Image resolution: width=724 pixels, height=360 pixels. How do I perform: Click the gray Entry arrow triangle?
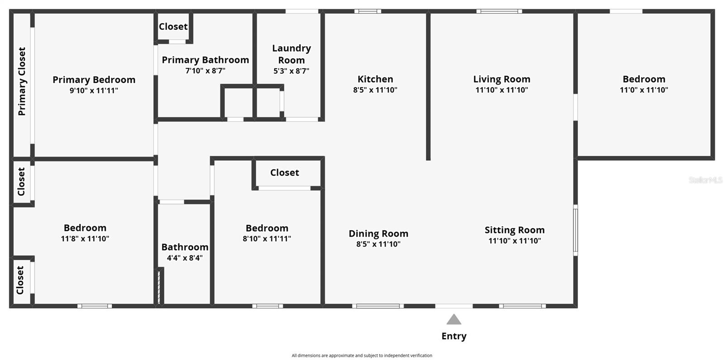click(x=454, y=319)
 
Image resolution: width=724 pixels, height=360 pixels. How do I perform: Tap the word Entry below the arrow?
click(x=454, y=336)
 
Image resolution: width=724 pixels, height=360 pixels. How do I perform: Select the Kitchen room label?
click(x=375, y=79)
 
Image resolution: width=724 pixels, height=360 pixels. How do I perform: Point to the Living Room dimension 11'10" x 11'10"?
click(x=502, y=90)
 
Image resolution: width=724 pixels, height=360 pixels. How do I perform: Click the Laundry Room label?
click(x=291, y=54)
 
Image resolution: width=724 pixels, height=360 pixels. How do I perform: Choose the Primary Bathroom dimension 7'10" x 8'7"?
click(x=205, y=71)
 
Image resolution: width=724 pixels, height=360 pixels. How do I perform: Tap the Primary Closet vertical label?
click(x=22, y=81)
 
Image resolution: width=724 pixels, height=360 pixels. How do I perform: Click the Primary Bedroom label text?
click(x=94, y=80)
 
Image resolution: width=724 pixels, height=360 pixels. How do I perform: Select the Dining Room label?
click(x=378, y=234)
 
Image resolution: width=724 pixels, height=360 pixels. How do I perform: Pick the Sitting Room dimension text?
click(x=514, y=241)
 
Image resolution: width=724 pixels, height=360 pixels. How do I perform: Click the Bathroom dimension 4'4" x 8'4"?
click(x=185, y=258)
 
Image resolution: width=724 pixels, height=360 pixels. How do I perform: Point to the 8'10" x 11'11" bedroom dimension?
click(x=267, y=239)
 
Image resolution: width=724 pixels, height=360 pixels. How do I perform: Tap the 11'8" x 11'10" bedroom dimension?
click(x=85, y=239)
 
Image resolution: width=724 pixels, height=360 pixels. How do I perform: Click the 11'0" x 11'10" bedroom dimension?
click(x=643, y=90)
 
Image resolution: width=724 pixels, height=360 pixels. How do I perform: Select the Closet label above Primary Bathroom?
click(x=173, y=27)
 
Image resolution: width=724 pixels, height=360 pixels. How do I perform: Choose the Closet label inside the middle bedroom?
click(x=285, y=173)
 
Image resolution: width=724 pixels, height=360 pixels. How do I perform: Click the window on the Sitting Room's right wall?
click(x=576, y=230)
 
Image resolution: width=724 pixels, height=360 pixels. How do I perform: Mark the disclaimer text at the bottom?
click(x=362, y=355)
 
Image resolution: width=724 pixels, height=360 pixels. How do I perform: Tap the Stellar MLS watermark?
click(x=705, y=180)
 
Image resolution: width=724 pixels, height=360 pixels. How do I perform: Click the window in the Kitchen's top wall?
click(x=367, y=11)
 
